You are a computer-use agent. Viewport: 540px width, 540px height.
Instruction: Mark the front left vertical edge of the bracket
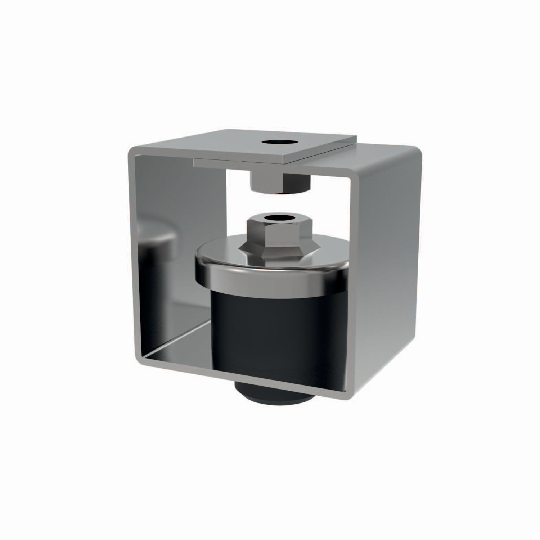[132, 252]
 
